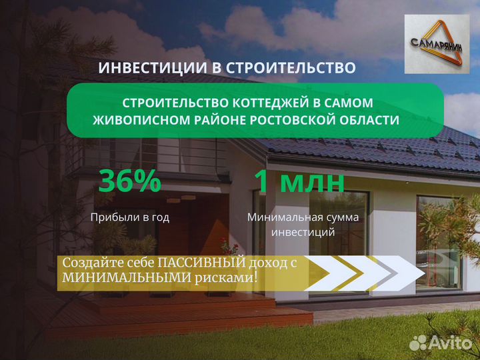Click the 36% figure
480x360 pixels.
coord(129,181)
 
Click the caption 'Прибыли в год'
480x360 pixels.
coord(130,217)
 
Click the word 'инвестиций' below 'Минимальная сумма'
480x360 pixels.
coord(303,233)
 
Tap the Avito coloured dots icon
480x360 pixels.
coord(418,343)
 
